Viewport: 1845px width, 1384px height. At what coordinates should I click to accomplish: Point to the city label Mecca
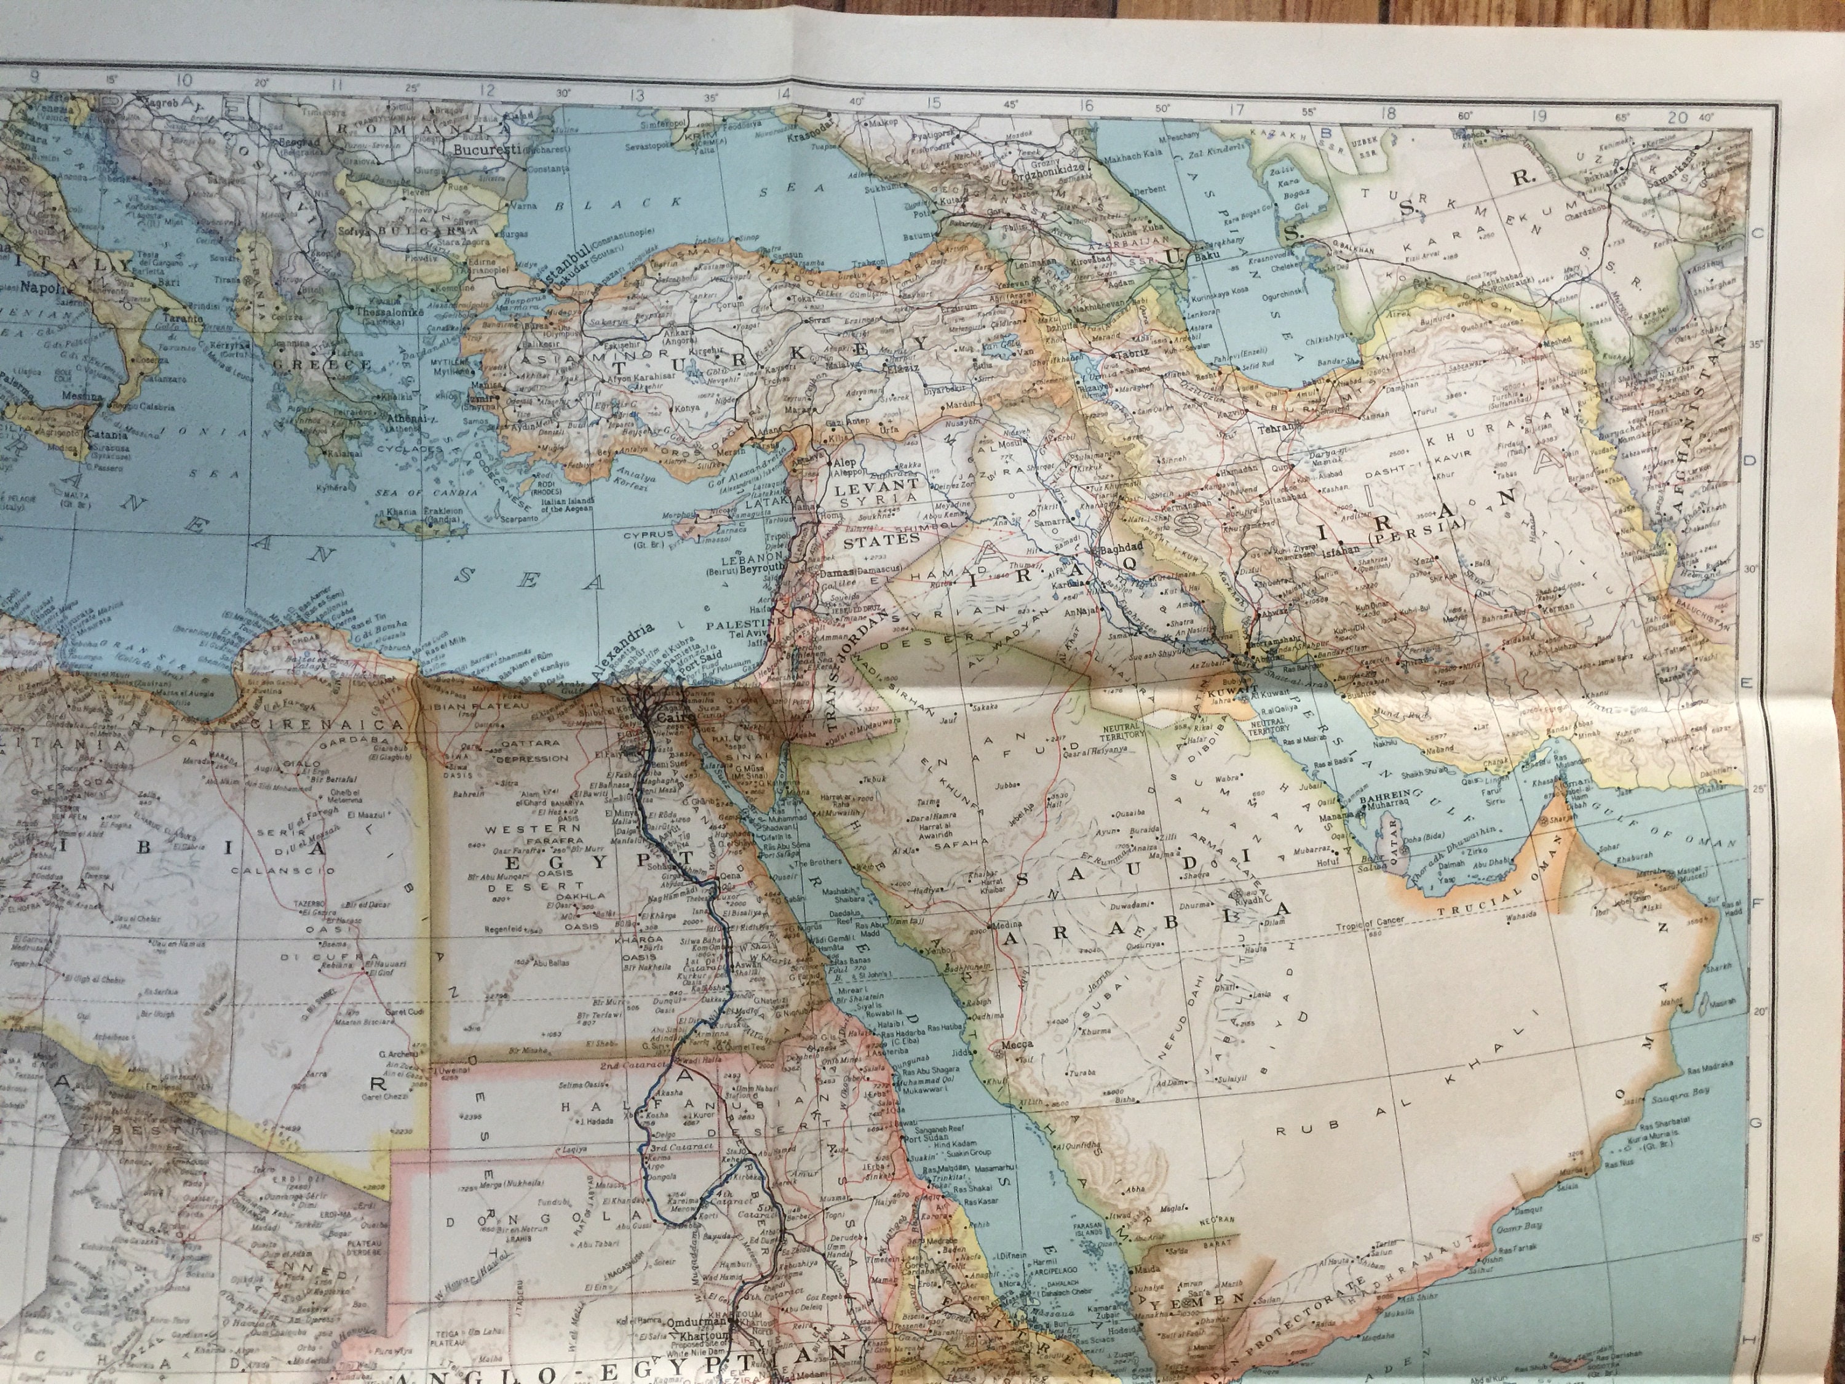(x=1018, y=1044)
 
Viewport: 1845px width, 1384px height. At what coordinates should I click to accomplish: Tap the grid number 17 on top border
(x=1236, y=108)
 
